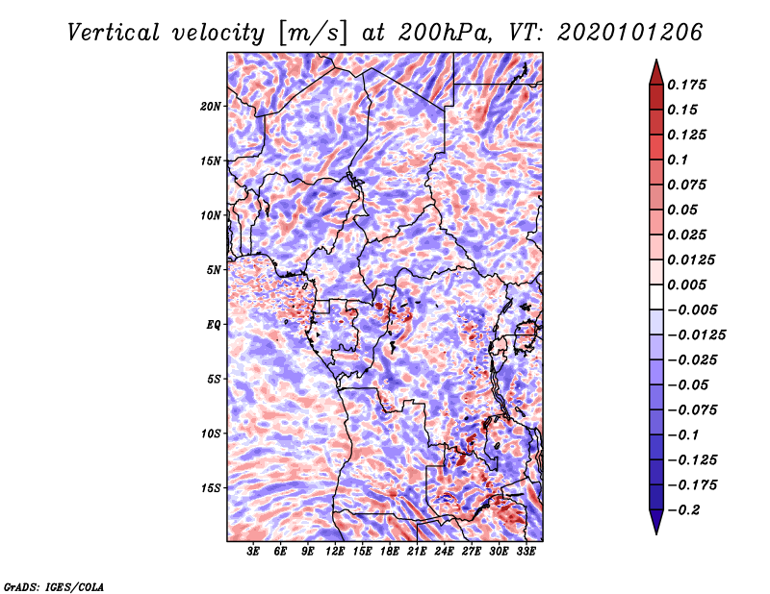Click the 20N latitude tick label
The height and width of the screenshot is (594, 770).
pyautogui.click(x=211, y=106)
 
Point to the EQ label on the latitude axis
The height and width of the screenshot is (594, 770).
pyautogui.click(x=214, y=325)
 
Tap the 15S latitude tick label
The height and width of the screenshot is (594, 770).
pyautogui.click(x=211, y=488)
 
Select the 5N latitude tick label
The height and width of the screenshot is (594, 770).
pyautogui.click(x=214, y=270)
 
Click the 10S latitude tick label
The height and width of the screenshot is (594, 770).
pyautogui.click(x=211, y=433)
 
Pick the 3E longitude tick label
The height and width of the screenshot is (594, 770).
pyautogui.click(x=253, y=552)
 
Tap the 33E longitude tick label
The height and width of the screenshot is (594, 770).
pyautogui.click(x=526, y=552)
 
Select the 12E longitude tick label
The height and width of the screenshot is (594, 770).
pyautogui.click(x=335, y=552)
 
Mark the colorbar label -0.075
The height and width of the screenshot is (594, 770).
pyautogui.click(x=695, y=410)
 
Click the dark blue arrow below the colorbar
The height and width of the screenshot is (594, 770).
pyautogui.click(x=655, y=523)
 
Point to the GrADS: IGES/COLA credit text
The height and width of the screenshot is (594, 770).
pyautogui.click(x=53, y=585)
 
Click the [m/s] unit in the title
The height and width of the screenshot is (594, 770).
pyautogui.click(x=311, y=32)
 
